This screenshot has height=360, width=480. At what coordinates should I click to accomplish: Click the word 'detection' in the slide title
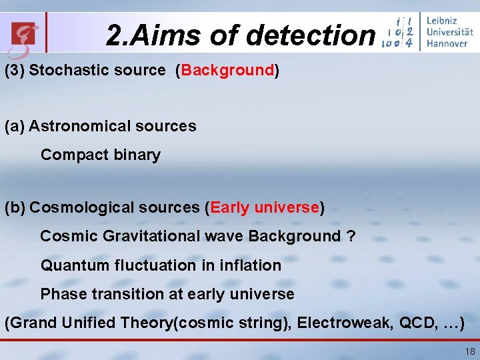[x=311, y=35]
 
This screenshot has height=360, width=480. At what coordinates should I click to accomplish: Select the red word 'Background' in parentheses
[x=227, y=70]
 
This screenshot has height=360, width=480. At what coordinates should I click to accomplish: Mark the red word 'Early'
[x=230, y=207]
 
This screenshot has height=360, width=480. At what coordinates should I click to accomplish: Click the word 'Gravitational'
[x=141, y=236]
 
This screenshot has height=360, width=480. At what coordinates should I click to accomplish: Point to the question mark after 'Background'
[x=351, y=236]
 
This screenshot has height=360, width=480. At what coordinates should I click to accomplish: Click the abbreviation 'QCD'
[x=415, y=324]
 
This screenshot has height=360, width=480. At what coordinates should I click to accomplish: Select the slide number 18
[x=470, y=351]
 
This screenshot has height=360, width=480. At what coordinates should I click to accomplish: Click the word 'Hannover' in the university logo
[x=447, y=44]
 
